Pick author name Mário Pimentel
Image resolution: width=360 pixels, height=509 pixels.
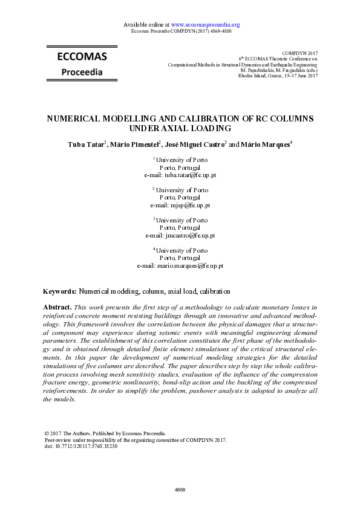[x=134, y=145]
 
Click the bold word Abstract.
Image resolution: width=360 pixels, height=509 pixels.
[x=57, y=308]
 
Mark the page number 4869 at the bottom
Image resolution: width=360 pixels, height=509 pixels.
[x=180, y=488]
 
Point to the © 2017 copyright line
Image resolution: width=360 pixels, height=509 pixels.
[x=105, y=433]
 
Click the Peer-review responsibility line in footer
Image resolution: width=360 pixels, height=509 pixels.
[x=136, y=440]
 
